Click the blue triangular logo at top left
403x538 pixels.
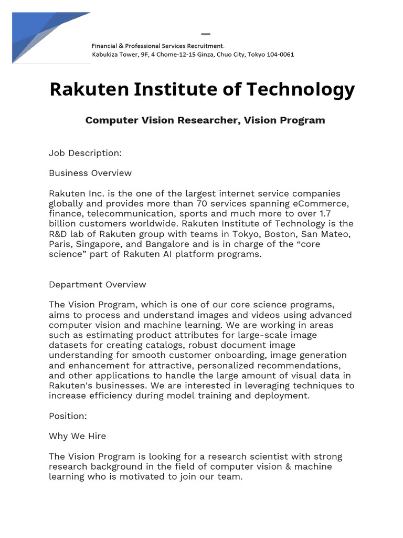pyautogui.click(x=42, y=37)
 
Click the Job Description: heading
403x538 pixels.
pyautogui.click(x=85, y=153)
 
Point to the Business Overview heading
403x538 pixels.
pyautogui.click(x=90, y=173)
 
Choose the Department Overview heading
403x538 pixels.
pyautogui.click(x=98, y=285)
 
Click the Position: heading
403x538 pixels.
pyautogui.click(x=68, y=416)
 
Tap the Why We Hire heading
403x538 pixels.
pyautogui.click(x=77, y=436)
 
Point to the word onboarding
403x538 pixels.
pyautogui.click(x=236, y=355)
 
